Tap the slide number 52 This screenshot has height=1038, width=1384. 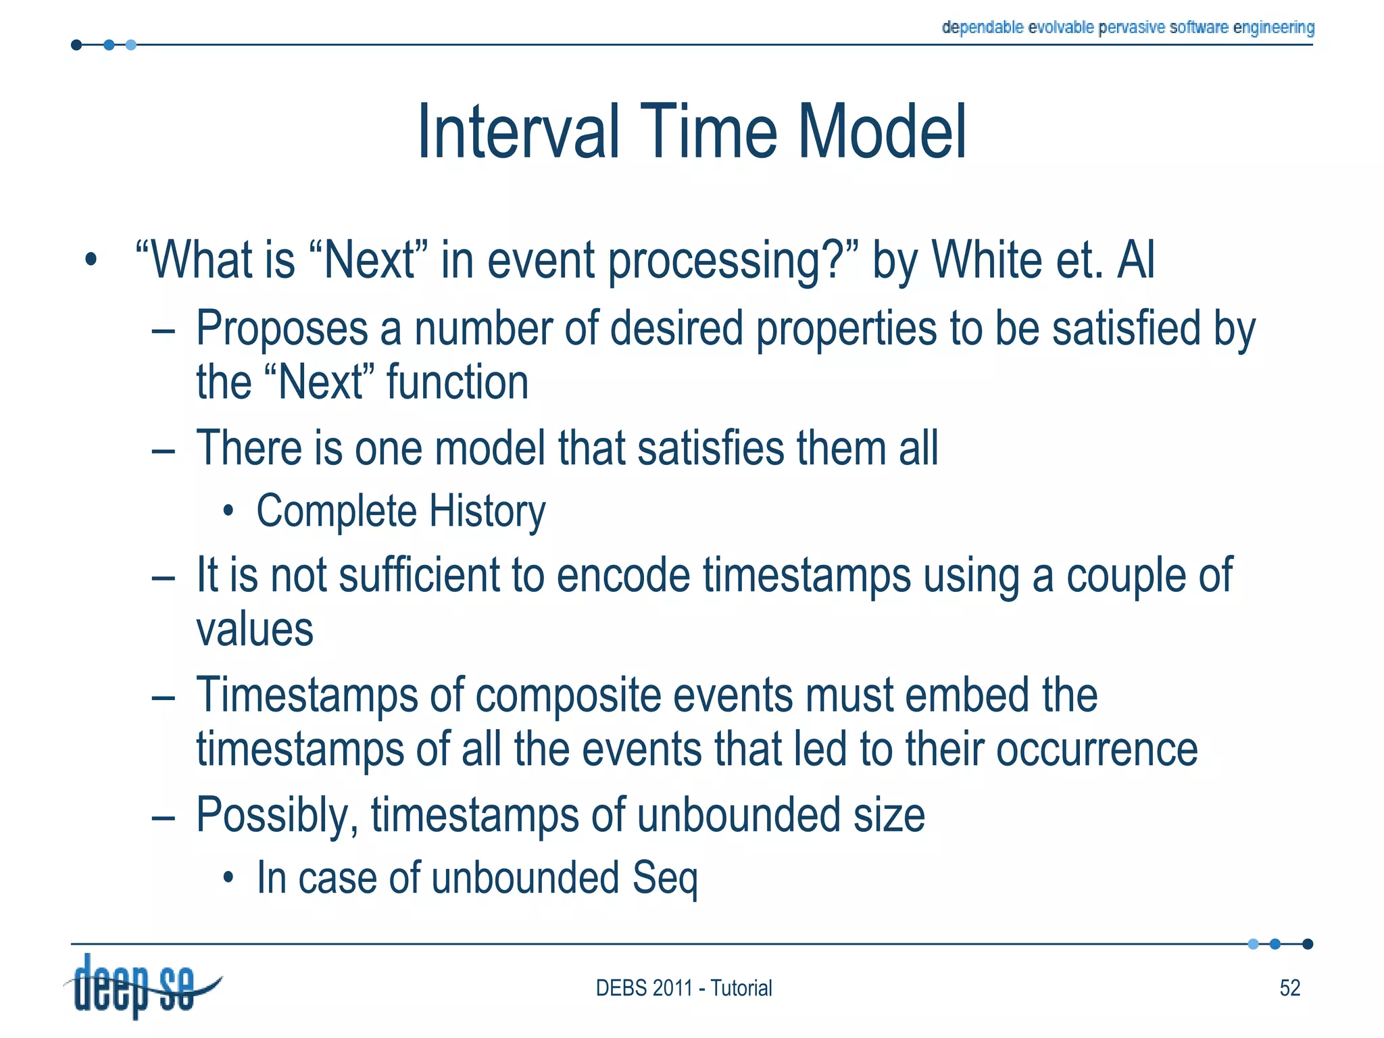pos(1289,988)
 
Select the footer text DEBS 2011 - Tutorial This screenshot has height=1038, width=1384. pos(683,988)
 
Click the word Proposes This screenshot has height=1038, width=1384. pos(281,329)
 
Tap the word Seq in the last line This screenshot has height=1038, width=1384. pos(665,879)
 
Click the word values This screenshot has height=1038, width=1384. pos(255,631)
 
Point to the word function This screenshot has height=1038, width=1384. pos(457,383)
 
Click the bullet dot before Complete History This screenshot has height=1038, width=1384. pos(229,512)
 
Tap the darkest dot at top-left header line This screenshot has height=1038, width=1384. pos(76,45)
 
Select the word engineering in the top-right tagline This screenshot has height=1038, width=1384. pos(1274,27)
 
